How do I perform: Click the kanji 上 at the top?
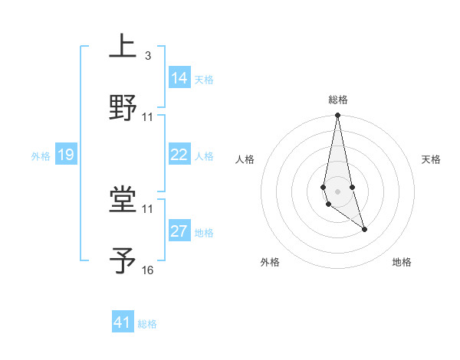[x=123, y=46]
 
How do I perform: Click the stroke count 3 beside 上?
[x=147, y=55]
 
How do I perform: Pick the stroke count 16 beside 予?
[x=148, y=270]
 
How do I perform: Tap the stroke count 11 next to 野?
[x=148, y=117]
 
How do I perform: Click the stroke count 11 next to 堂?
[x=148, y=208]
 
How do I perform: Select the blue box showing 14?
[x=179, y=77]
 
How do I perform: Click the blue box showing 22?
[x=179, y=155]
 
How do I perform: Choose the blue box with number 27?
[x=179, y=231]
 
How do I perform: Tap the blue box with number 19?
[x=66, y=155]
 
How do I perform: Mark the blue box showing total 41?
[x=123, y=322]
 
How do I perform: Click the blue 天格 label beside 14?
[x=204, y=79]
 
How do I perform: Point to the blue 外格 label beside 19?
[x=41, y=155]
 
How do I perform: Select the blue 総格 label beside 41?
[x=147, y=324]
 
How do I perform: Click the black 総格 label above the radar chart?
[x=337, y=100]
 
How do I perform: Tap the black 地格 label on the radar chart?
[x=402, y=262]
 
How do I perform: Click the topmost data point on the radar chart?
[x=337, y=116]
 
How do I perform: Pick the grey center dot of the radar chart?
[x=337, y=191]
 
